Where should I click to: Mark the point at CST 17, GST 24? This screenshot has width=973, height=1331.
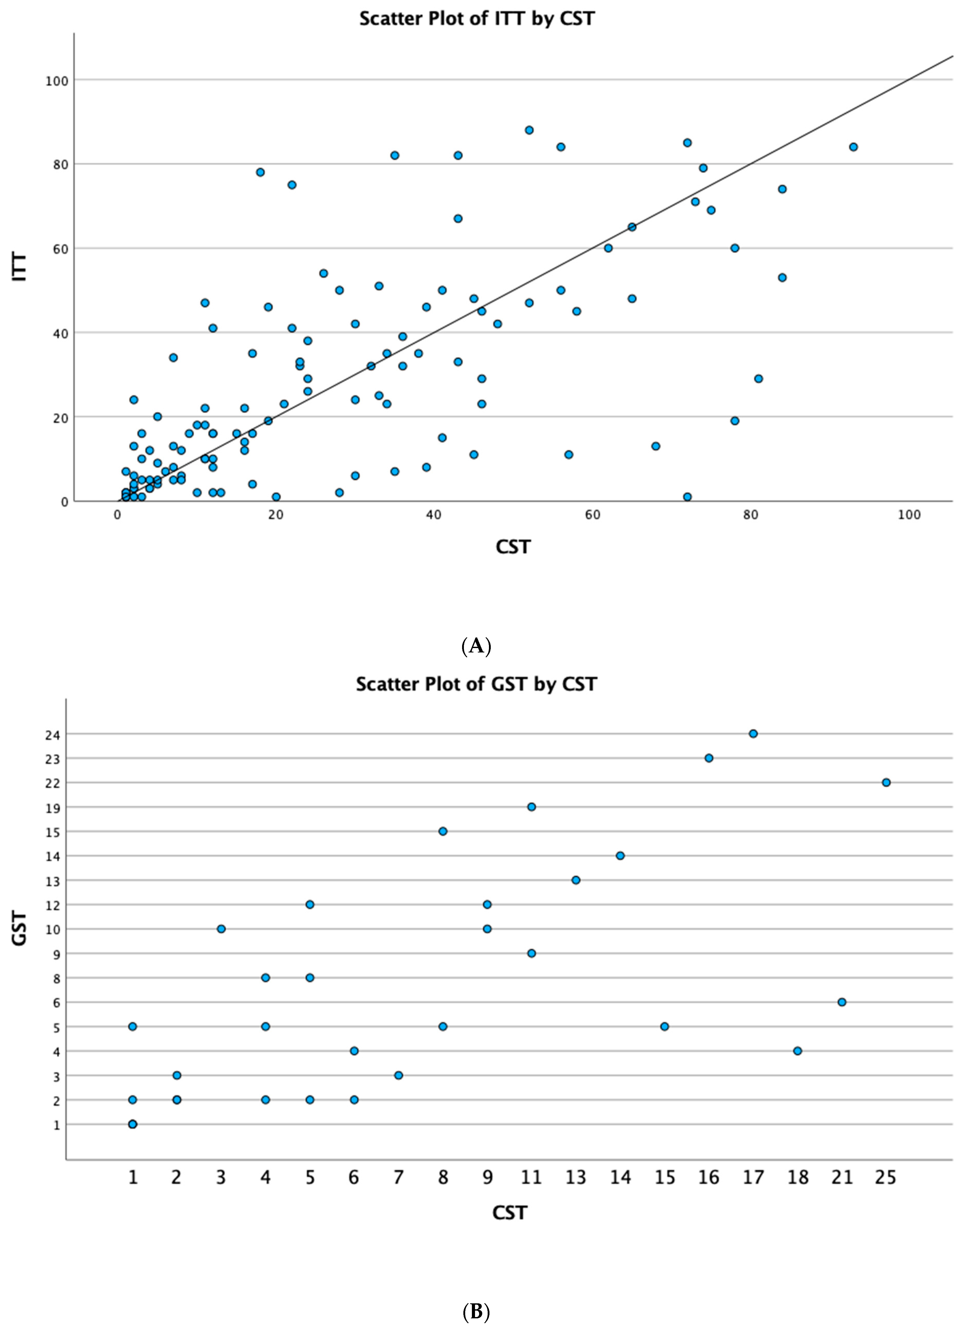pyautogui.click(x=753, y=734)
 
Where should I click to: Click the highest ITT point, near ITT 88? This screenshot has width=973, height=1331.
pyautogui.click(x=529, y=130)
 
